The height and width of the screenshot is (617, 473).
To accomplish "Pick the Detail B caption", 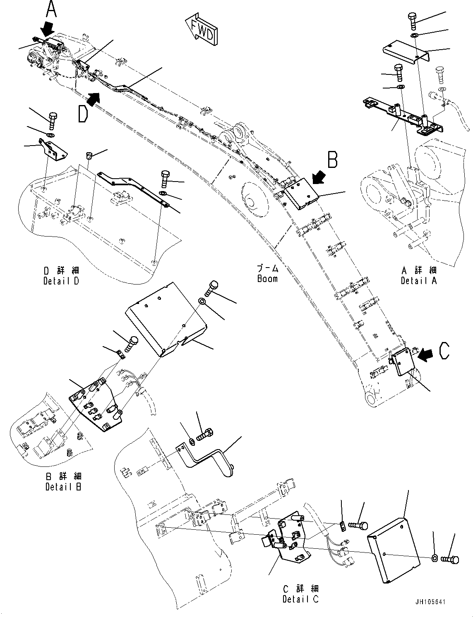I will tap(63, 481).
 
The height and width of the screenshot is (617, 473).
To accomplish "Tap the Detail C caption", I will tap(301, 594).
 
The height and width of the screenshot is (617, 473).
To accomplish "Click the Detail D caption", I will tap(61, 275).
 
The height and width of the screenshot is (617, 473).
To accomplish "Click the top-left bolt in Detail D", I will tap(53, 120).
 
